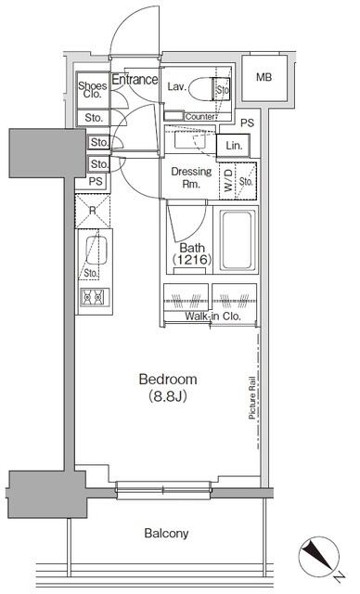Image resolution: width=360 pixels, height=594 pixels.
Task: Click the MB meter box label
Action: point(264,77)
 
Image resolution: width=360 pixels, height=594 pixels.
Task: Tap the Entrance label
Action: point(135,80)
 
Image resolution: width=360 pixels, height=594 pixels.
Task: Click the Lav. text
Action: point(178,86)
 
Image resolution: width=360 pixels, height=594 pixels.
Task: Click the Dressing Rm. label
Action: point(192,177)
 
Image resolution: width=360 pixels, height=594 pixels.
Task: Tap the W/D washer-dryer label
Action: point(227,183)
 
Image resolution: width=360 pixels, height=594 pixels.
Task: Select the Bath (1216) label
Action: point(193,253)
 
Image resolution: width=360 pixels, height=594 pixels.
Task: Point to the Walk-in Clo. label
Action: point(213,316)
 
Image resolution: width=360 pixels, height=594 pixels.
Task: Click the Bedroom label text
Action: point(169,380)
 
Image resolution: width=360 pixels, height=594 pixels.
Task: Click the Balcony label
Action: point(166,533)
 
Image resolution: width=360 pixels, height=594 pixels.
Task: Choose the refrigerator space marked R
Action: point(93,211)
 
